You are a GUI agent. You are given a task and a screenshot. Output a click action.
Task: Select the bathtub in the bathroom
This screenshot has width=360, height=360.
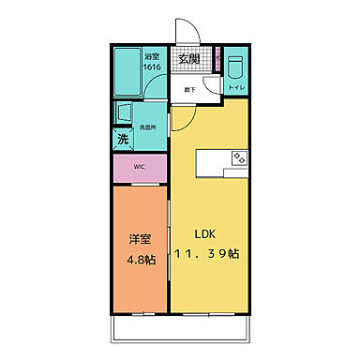129,72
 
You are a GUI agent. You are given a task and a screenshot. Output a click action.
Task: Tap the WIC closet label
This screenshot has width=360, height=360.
139,168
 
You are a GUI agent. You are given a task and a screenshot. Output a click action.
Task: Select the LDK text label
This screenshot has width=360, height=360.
206,233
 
